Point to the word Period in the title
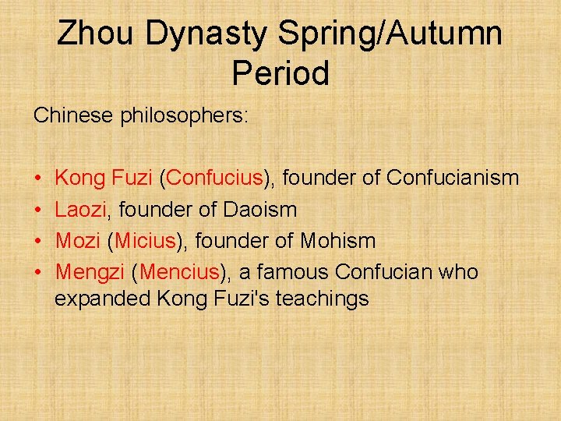pyautogui.click(x=280, y=73)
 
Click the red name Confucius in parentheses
pyautogui.click(x=215, y=178)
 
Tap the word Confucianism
pyautogui.click(x=453, y=178)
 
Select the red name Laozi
pyautogui.click(x=80, y=209)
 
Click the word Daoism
pyautogui.click(x=259, y=209)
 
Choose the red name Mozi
pyautogui.click(x=78, y=241)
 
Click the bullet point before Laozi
pyautogui.click(x=37, y=210)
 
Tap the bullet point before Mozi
pyautogui.click(x=37, y=242)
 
